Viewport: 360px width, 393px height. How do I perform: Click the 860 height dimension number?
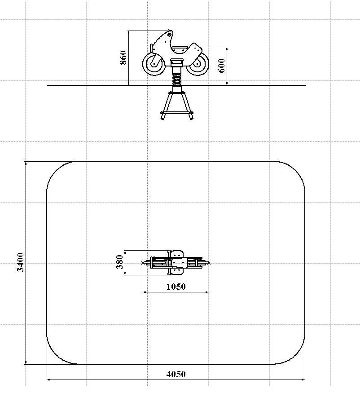click(x=123, y=57)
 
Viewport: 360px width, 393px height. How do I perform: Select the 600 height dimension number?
click(x=222, y=66)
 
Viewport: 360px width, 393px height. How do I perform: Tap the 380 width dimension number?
click(x=120, y=262)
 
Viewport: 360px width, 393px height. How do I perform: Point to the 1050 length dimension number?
click(x=176, y=287)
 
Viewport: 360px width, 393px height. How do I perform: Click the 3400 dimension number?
click(x=20, y=262)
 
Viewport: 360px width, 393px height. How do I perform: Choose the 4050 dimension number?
click(x=176, y=374)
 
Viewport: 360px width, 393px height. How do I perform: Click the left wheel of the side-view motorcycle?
click(x=154, y=64)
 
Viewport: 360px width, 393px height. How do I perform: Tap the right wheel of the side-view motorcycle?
click(x=198, y=64)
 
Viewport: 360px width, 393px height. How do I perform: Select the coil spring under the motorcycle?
click(x=177, y=79)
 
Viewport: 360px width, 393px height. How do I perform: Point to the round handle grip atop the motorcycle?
click(x=169, y=34)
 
